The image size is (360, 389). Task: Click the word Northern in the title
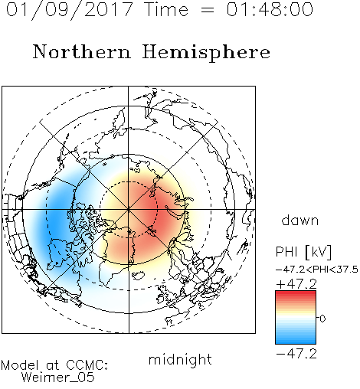(81, 52)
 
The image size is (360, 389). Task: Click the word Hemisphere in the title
(206, 53)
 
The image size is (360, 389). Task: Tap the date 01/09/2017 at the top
(69, 9)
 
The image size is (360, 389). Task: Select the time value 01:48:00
(270, 9)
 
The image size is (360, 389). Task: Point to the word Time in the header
(166, 9)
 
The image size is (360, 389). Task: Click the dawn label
(300, 220)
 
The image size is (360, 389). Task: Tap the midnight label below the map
(180, 359)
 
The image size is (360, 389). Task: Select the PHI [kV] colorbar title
(303, 252)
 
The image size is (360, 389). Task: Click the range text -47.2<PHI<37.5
(317, 270)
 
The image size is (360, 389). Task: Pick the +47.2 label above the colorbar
(296, 283)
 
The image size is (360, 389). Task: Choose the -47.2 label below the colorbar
(296, 354)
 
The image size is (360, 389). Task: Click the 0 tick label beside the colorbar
(322, 319)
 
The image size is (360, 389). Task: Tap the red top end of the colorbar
(296, 293)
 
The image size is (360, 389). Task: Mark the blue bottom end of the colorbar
(296, 342)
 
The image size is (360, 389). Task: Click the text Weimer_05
(58, 378)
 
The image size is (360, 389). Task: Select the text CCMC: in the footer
(87, 365)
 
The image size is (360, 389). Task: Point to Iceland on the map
(138, 275)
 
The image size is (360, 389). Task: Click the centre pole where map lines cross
(129, 209)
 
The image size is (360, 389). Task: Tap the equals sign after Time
(207, 10)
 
